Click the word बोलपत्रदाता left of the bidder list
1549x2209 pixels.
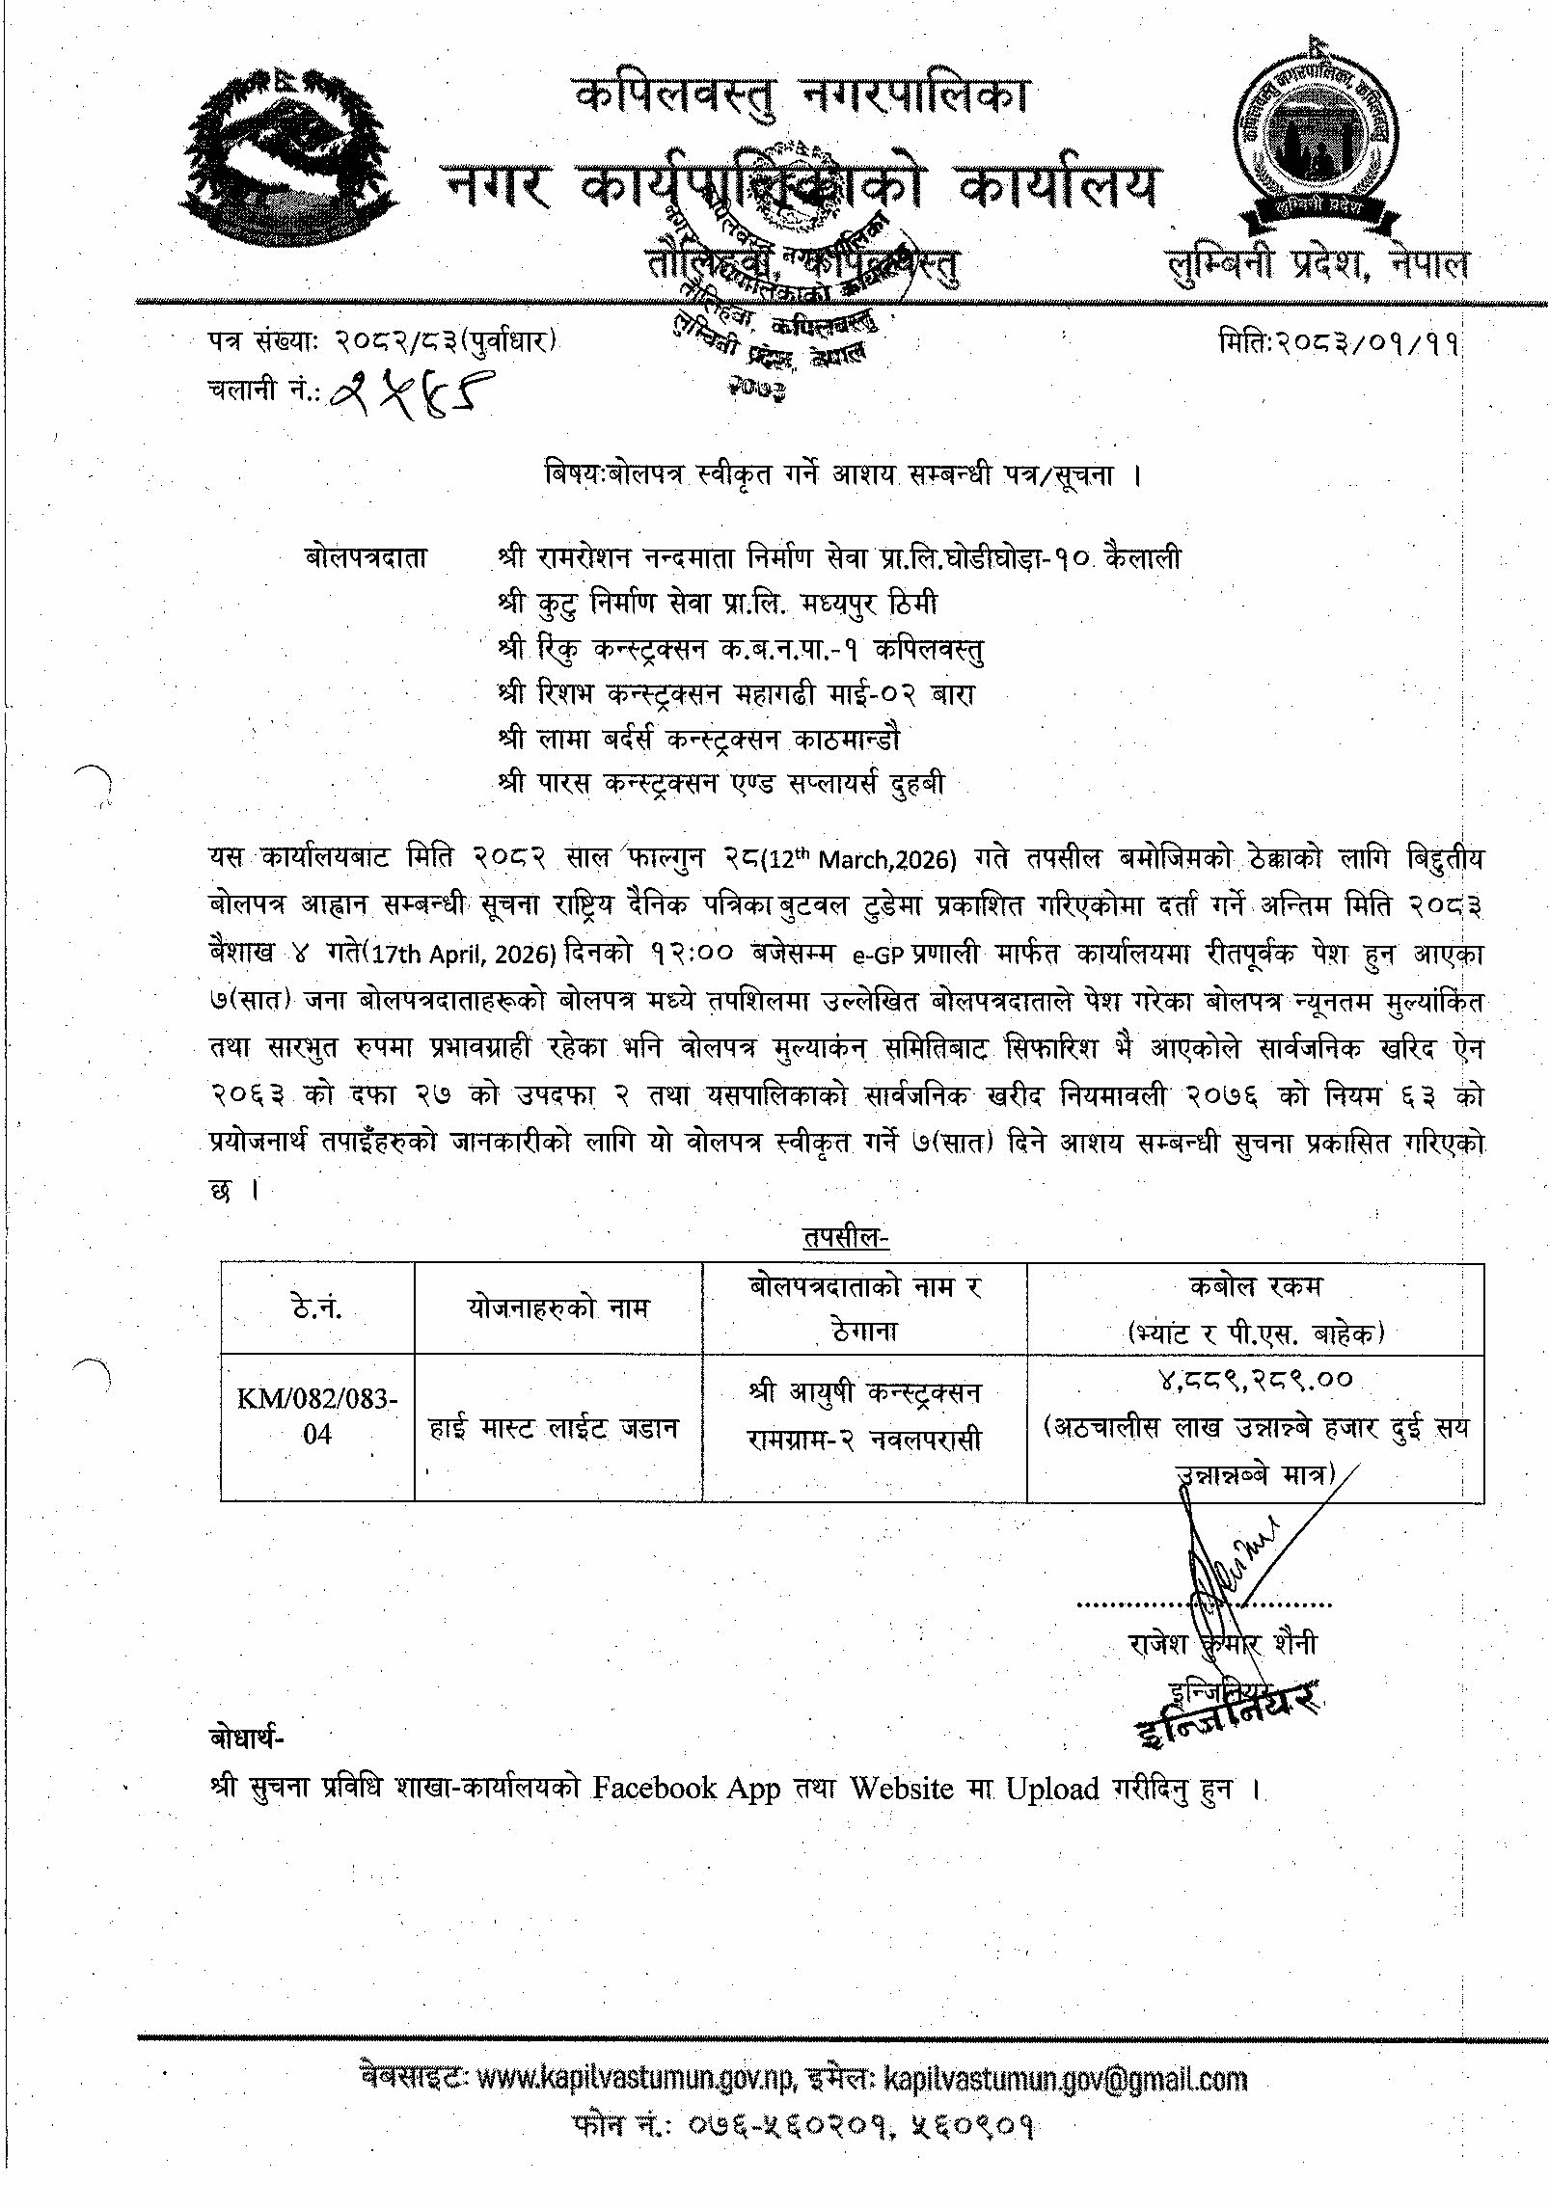click(366, 558)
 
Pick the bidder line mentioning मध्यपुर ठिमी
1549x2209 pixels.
click(718, 604)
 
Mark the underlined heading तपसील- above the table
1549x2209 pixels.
click(846, 1237)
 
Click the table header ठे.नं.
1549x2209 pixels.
click(317, 1308)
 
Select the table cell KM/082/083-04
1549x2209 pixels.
click(317, 1415)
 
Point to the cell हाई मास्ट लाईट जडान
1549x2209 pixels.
click(554, 1427)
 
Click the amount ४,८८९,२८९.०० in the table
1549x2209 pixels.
click(1256, 1381)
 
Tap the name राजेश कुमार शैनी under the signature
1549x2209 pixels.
click(1222, 1644)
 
